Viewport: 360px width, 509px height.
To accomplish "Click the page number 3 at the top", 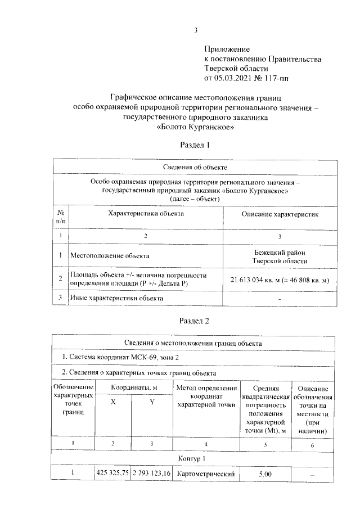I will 196,30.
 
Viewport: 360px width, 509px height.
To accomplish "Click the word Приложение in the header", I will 226,49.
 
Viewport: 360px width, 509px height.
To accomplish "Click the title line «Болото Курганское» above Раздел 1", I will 195,127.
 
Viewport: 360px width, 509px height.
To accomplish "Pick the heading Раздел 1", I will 195,145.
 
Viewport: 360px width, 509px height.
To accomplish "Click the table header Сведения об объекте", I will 194,167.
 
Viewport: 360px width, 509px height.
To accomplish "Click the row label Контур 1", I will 194,458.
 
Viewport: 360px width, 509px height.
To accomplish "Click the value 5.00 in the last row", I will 265,475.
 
